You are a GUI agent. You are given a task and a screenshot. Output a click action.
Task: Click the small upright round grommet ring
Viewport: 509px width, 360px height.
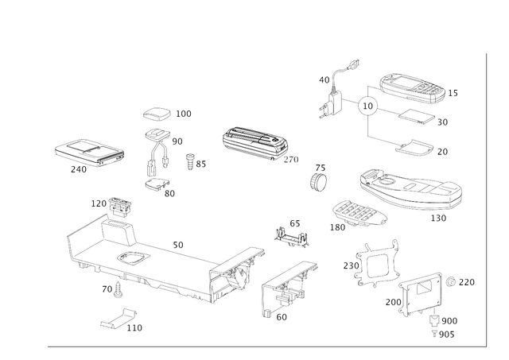pyautogui.click(x=319, y=177)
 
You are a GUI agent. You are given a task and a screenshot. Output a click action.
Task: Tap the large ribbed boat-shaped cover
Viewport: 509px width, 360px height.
pyautogui.click(x=409, y=188)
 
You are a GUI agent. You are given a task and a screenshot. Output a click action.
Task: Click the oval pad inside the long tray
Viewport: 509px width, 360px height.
pyautogui.click(x=127, y=257)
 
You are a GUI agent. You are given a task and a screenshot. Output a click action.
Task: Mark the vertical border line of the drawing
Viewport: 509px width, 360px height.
pyautogui.click(x=484, y=199)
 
